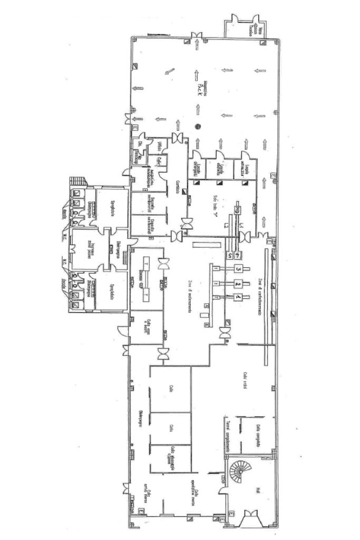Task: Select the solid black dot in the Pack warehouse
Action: coord(198,126)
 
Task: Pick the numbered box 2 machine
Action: coord(238,284)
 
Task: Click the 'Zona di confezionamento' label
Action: coord(260,295)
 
